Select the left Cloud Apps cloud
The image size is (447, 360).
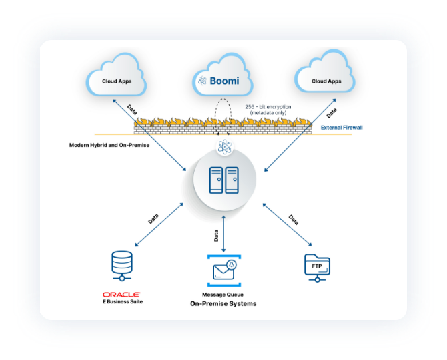(x=116, y=81)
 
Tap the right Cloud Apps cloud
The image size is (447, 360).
(x=326, y=81)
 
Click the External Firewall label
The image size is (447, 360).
(x=342, y=127)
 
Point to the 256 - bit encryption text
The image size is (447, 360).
(x=268, y=110)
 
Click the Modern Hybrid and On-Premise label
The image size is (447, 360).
(x=109, y=145)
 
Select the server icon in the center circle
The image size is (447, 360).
(x=224, y=180)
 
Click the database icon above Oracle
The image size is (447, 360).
(x=122, y=266)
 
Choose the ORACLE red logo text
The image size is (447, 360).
(x=121, y=294)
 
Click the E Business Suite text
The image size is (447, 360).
(x=122, y=301)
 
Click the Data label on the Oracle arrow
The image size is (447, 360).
(x=153, y=218)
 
